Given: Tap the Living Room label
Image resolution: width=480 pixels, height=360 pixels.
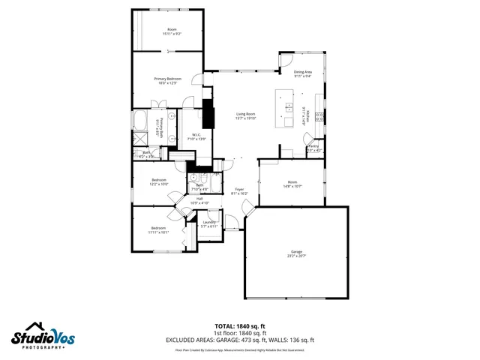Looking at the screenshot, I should pyautogui.click(x=247, y=116).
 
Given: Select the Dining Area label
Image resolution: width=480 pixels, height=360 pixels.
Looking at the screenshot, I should pyautogui.click(x=303, y=73).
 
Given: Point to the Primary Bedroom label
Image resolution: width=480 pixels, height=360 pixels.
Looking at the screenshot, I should pyautogui.click(x=166, y=81).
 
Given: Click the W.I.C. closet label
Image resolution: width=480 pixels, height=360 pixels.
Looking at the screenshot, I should pyautogui.click(x=188, y=137).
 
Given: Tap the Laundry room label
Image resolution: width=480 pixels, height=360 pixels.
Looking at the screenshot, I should pyautogui.click(x=209, y=224).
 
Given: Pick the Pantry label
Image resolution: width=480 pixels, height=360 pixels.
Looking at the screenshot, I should pyautogui.click(x=313, y=148).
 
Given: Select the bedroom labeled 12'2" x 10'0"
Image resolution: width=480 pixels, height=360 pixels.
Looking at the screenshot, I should pyautogui.click(x=159, y=182).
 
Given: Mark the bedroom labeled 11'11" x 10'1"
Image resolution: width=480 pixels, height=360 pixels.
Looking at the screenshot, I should pyautogui.click(x=158, y=230).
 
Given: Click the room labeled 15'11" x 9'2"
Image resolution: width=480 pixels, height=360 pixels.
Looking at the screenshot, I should pyautogui.click(x=172, y=31).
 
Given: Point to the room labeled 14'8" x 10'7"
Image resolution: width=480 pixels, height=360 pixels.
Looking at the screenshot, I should pyautogui.click(x=292, y=184).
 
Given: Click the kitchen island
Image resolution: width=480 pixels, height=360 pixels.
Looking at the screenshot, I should pyautogui.click(x=286, y=109).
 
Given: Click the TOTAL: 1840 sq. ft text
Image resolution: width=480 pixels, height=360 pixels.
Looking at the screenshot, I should pyautogui.click(x=239, y=326).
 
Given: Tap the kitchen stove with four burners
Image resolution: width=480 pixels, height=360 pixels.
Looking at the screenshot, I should pyautogui.click(x=319, y=116).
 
